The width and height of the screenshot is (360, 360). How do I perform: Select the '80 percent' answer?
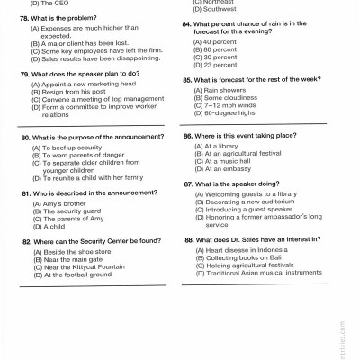220,49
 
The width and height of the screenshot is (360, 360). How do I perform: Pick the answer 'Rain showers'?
225,91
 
